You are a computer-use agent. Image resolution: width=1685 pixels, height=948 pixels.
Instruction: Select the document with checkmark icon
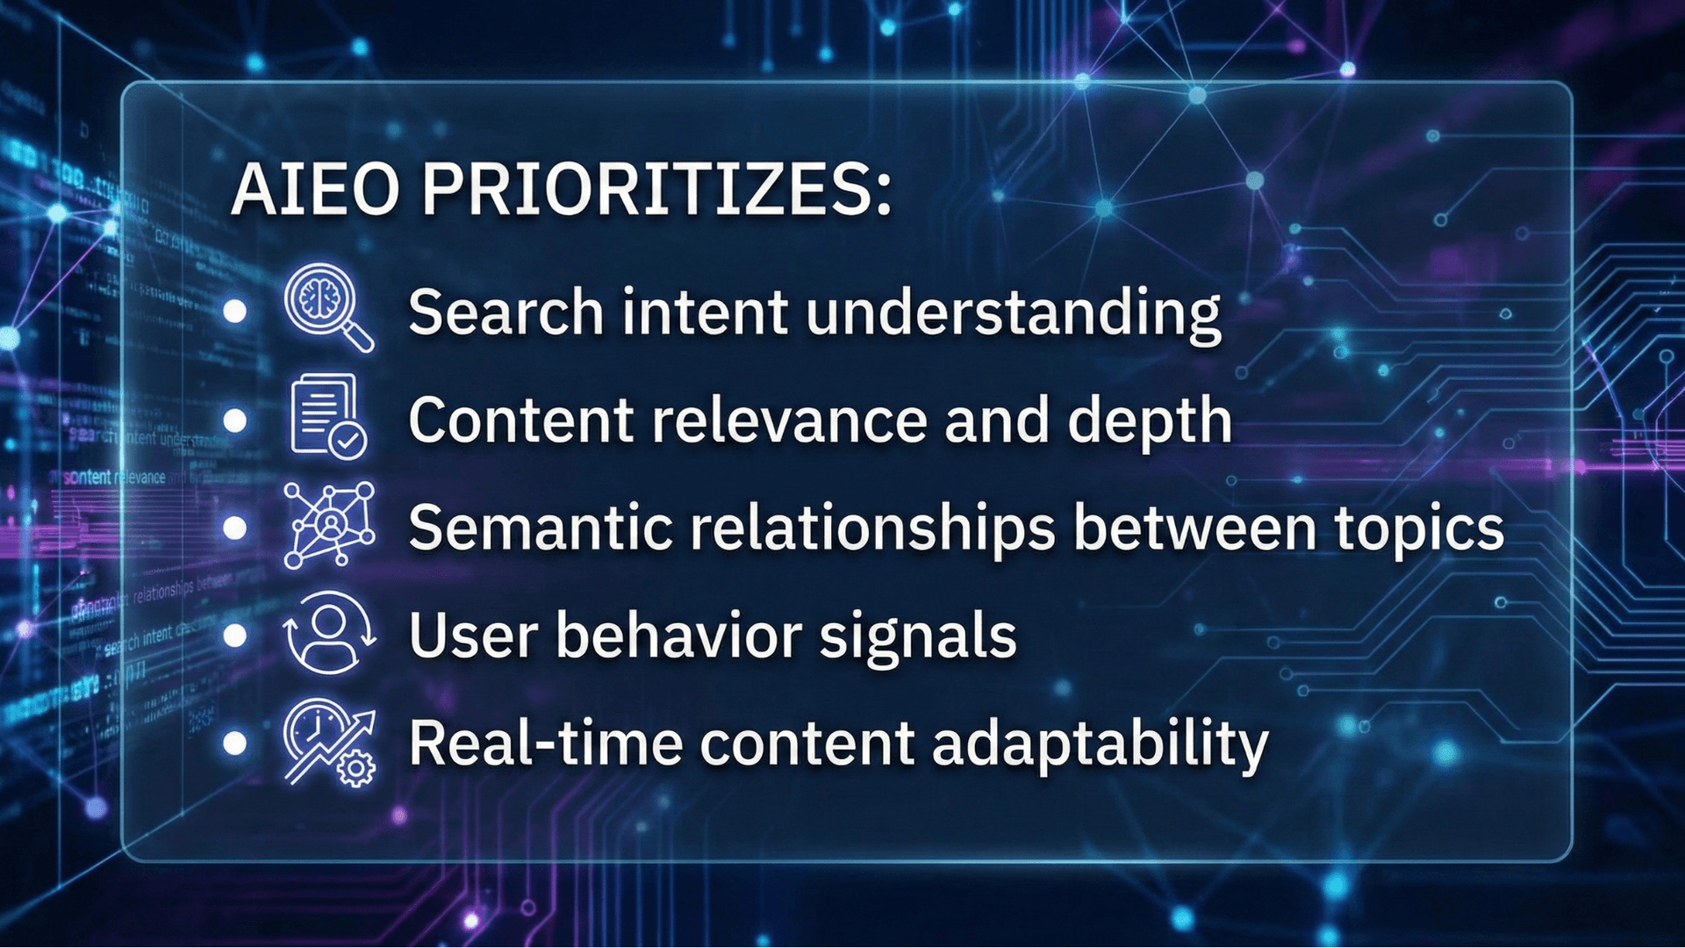[x=327, y=416]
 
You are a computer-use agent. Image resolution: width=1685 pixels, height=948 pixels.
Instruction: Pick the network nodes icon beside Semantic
[x=329, y=525]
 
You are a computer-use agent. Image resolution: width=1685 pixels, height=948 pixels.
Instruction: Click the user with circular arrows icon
[x=329, y=632]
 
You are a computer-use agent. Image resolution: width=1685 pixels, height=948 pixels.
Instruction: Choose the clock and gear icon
[x=329, y=742]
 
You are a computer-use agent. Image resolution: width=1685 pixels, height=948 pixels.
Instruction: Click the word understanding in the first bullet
[x=1013, y=313]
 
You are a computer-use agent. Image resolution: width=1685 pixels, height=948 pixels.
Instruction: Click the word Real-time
[x=546, y=743]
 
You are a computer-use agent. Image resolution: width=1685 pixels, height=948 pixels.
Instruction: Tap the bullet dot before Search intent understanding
[x=235, y=312]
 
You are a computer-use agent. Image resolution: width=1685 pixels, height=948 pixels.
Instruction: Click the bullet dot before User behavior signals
[x=235, y=635]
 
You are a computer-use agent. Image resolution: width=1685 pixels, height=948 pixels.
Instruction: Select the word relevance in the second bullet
[x=789, y=420]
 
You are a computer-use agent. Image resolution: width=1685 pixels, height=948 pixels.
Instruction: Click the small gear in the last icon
[x=356, y=769]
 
